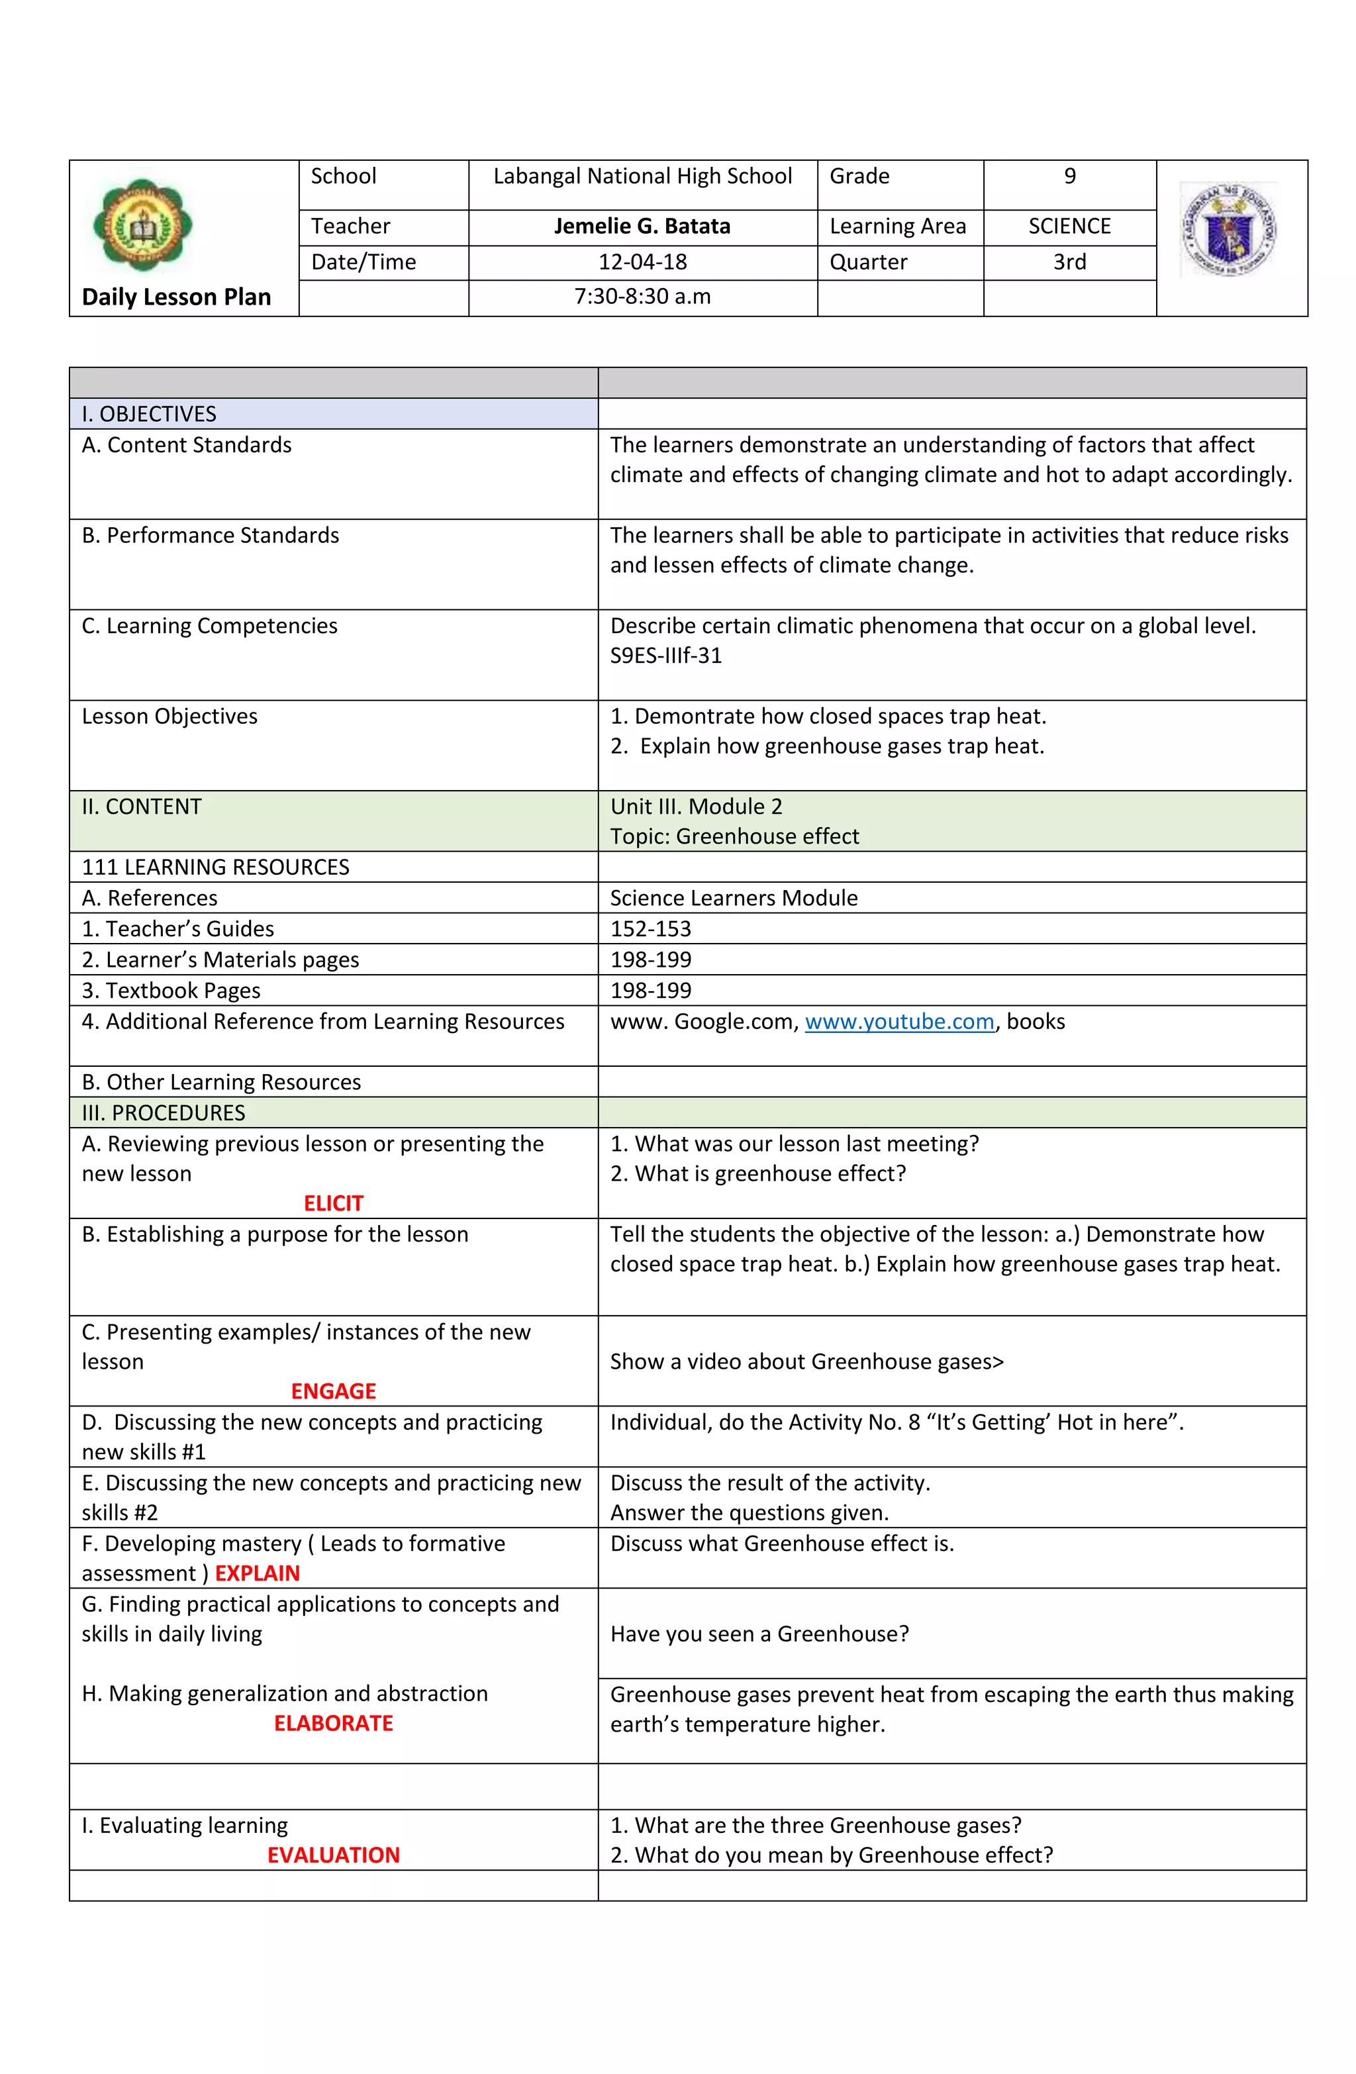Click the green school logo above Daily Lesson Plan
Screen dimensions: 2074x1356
(142, 226)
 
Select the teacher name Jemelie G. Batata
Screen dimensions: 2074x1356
(642, 226)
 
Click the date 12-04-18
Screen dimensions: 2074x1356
(642, 262)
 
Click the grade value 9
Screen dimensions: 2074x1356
(1069, 177)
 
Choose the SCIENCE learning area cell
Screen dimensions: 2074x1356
(1069, 226)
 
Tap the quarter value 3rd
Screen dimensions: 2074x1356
(1069, 262)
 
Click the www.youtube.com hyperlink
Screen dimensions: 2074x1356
(898, 1021)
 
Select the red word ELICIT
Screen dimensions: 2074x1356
(333, 1203)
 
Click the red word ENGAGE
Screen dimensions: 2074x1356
(333, 1391)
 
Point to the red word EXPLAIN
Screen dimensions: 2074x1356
(257, 1573)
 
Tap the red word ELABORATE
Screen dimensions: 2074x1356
(333, 1723)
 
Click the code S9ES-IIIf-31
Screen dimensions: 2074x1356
(666, 656)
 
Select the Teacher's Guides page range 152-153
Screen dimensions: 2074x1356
(650, 929)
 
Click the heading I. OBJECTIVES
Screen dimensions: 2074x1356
(149, 414)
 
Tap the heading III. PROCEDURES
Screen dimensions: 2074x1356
(163, 1112)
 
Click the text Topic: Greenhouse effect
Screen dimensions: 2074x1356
(734, 836)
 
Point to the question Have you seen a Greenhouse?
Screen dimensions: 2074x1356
(758, 1634)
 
